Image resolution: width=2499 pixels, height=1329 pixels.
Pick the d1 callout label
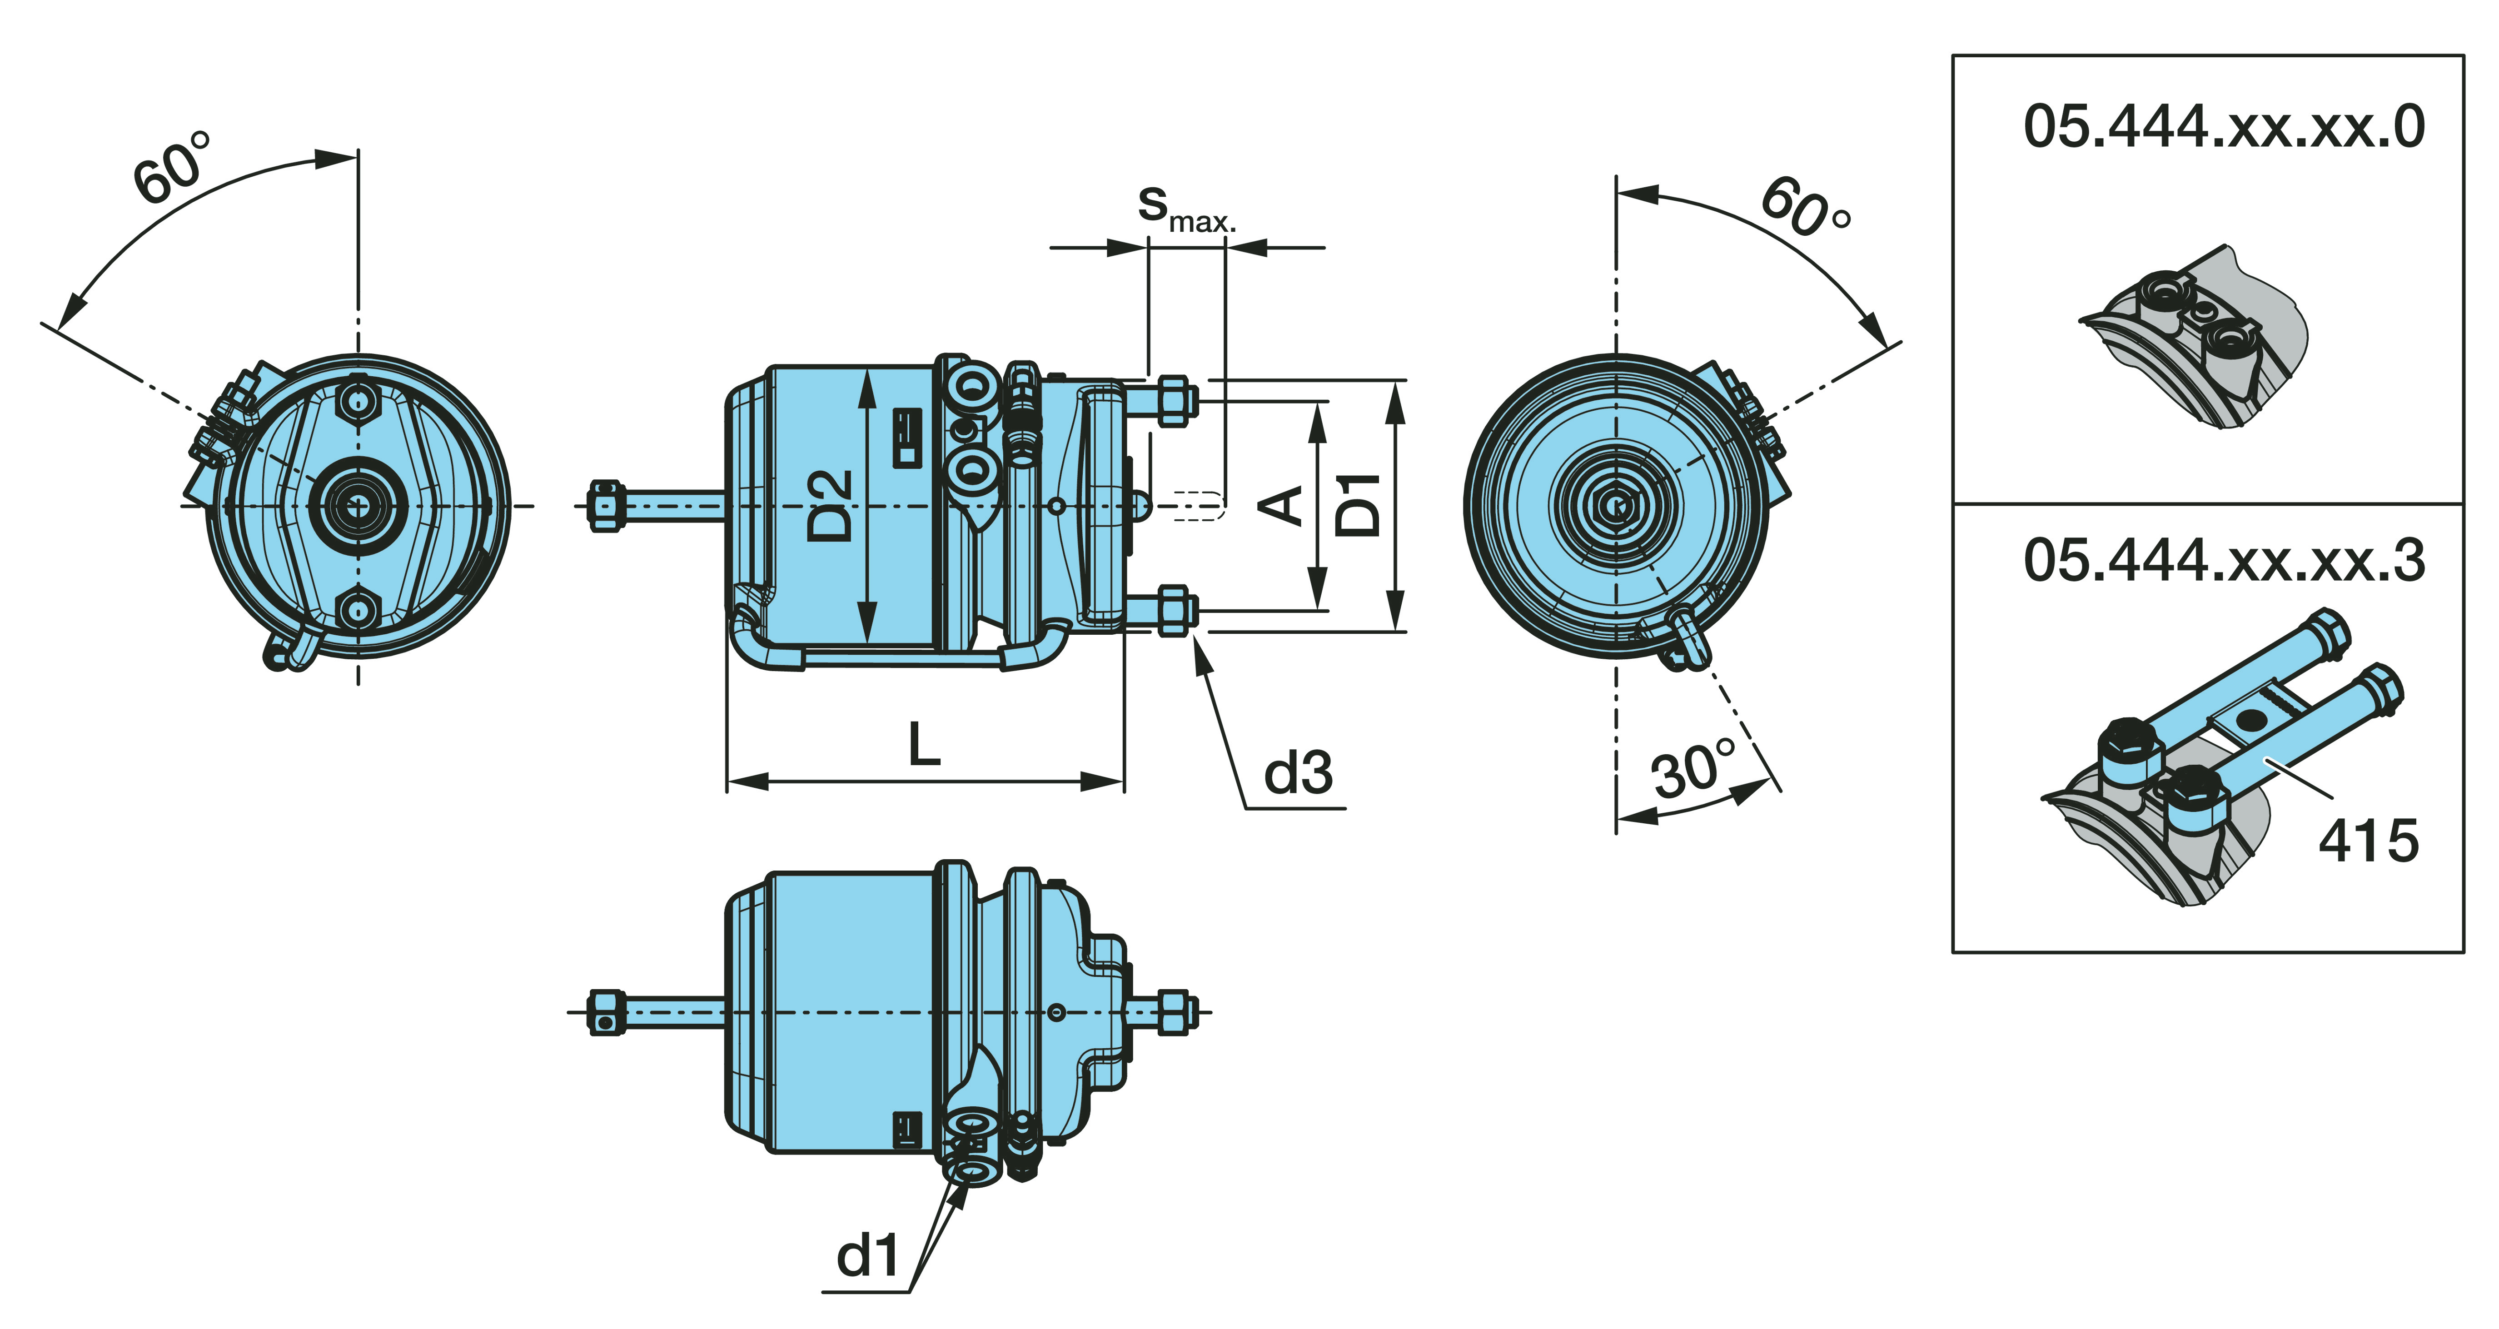[868, 1256]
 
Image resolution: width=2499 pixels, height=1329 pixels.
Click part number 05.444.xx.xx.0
[2224, 127]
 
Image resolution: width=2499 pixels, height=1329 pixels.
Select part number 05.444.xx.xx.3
[2224, 561]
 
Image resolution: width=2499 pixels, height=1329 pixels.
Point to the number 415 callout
[2368, 840]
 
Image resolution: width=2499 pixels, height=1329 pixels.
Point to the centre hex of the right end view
[1616, 505]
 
